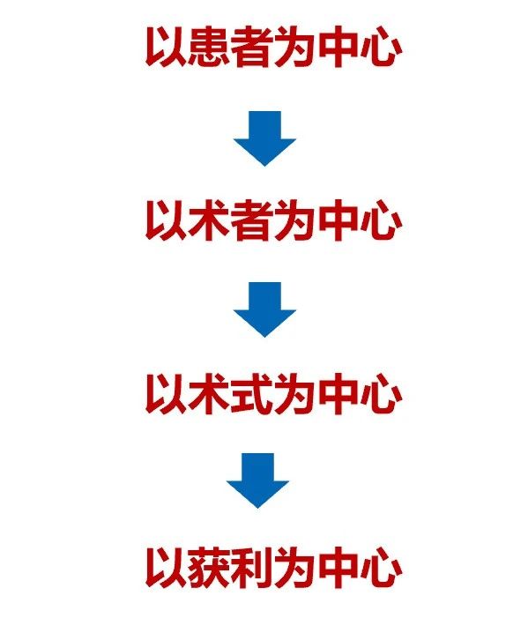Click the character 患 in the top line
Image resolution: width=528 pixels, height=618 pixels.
209,47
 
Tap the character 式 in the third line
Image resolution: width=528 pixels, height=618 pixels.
252,394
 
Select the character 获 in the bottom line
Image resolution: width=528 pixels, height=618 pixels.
209,568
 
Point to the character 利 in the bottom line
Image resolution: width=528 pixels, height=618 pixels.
252,568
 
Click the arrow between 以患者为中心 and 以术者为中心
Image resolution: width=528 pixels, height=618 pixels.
264,138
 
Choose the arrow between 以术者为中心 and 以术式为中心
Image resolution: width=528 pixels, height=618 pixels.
264,309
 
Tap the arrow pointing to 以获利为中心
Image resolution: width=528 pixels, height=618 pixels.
257,480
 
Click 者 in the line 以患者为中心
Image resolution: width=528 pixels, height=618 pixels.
252,47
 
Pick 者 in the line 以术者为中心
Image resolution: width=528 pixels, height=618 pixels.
252,220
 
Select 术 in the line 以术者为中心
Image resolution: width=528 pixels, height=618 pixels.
209,220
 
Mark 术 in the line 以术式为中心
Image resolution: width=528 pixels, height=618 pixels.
209,394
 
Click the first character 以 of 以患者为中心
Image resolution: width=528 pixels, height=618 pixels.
166,47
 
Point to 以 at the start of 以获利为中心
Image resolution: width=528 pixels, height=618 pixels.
166,568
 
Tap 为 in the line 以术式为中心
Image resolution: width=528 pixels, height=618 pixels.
295,394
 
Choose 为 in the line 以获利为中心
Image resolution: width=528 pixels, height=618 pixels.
295,568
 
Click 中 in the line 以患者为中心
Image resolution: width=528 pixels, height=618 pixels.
338,47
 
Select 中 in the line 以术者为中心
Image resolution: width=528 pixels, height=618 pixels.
338,220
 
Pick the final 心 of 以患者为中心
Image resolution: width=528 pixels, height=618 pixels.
381,47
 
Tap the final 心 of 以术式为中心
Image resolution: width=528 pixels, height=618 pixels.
381,394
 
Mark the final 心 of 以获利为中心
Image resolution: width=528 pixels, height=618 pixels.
381,568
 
